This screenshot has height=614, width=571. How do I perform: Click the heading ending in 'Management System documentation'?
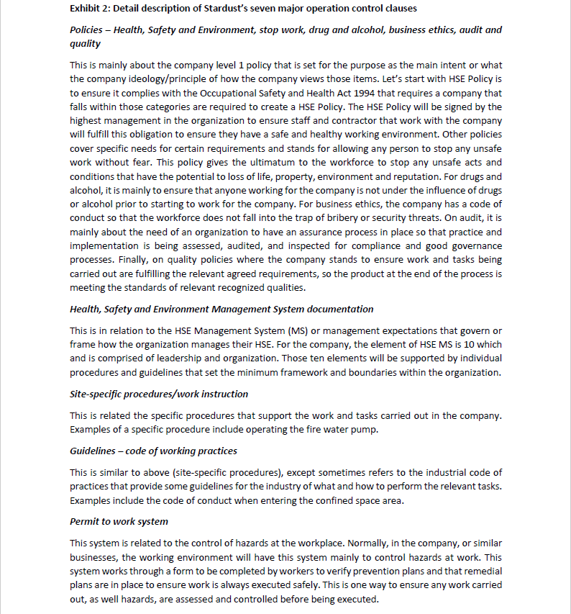(x=221, y=309)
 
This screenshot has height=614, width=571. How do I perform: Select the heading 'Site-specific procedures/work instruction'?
(x=158, y=394)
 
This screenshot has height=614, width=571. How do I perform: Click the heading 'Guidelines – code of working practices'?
(x=152, y=451)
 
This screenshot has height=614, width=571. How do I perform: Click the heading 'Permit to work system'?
(x=119, y=521)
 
